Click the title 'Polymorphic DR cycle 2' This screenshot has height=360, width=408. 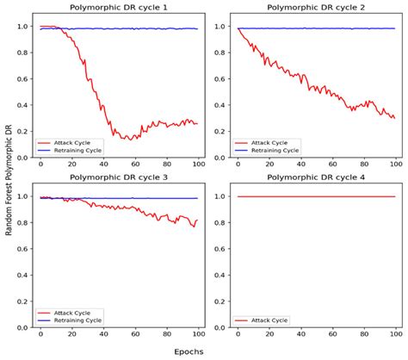(316, 8)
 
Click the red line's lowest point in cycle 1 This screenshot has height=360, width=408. (127, 139)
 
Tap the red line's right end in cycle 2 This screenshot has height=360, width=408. (394, 118)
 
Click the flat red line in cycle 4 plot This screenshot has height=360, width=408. (316, 196)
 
